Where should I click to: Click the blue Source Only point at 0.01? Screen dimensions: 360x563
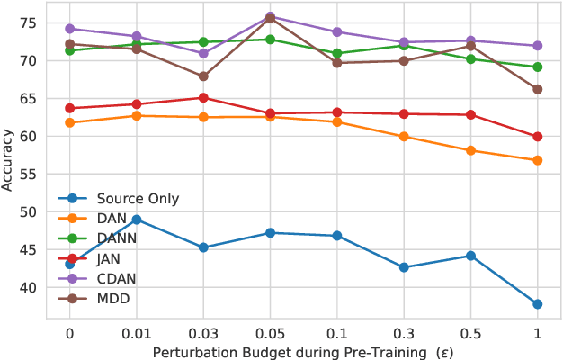[137, 220]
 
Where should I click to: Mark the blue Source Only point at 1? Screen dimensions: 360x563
[537, 304]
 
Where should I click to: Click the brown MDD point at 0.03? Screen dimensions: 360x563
[203, 76]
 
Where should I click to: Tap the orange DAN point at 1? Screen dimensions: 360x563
[537, 160]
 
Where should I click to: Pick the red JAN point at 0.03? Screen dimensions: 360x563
[203, 98]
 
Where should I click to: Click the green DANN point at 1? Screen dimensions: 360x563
[537, 67]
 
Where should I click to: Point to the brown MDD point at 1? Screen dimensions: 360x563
[537, 89]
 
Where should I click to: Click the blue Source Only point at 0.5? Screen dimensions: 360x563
[470, 256]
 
